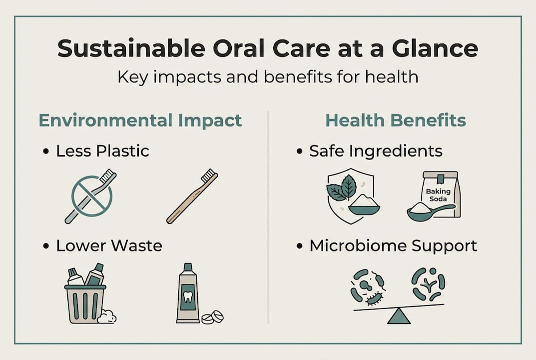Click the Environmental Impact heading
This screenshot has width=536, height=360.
pos(140,120)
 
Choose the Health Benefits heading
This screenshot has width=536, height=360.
pos(396,120)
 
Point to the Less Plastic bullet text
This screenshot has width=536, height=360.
pos(102,151)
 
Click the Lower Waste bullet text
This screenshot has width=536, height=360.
pos(109,245)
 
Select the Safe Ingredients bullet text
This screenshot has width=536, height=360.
pos(376,151)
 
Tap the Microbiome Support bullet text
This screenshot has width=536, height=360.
pos(393,245)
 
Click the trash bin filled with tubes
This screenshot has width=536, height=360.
pos(85,300)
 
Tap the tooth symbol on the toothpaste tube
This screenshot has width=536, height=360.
pos(188,296)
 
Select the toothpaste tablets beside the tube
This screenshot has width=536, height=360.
pos(212,317)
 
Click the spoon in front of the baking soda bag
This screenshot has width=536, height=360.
pos(425,211)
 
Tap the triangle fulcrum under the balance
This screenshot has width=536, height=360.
pos(399,316)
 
